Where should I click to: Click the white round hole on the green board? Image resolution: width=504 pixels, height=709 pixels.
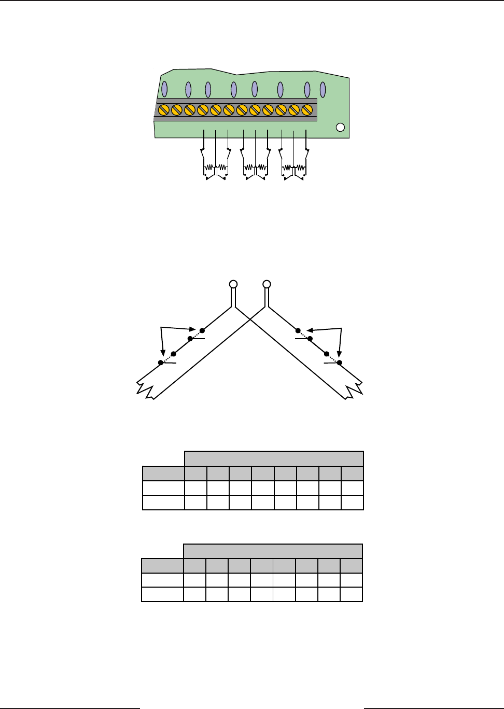(340, 128)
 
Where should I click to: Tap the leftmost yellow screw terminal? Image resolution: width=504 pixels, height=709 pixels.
(163, 110)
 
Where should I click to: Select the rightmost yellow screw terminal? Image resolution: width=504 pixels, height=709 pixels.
(307, 110)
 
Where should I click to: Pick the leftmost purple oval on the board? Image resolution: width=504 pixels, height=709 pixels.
(164, 89)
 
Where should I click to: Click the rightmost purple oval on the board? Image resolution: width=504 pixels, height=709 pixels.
(323, 89)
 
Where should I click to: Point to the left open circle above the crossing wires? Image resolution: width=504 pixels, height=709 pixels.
(233, 284)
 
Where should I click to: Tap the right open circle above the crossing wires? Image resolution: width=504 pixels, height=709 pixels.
(267, 284)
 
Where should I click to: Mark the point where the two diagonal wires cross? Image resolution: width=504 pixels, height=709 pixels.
(250, 321)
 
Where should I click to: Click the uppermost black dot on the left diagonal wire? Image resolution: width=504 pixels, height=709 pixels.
(202, 330)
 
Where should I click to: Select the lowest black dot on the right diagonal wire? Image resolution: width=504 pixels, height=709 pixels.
(340, 363)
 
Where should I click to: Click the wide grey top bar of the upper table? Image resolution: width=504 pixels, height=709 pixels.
(274, 459)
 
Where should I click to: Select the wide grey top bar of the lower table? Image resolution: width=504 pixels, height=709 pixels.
(273, 551)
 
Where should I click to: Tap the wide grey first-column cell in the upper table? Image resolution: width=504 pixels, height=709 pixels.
(163, 474)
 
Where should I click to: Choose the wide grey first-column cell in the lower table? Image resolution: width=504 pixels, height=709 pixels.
(162, 566)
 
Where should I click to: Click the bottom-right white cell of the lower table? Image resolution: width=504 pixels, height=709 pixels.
(352, 594)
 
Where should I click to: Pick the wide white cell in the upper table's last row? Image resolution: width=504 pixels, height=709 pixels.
(163, 503)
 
